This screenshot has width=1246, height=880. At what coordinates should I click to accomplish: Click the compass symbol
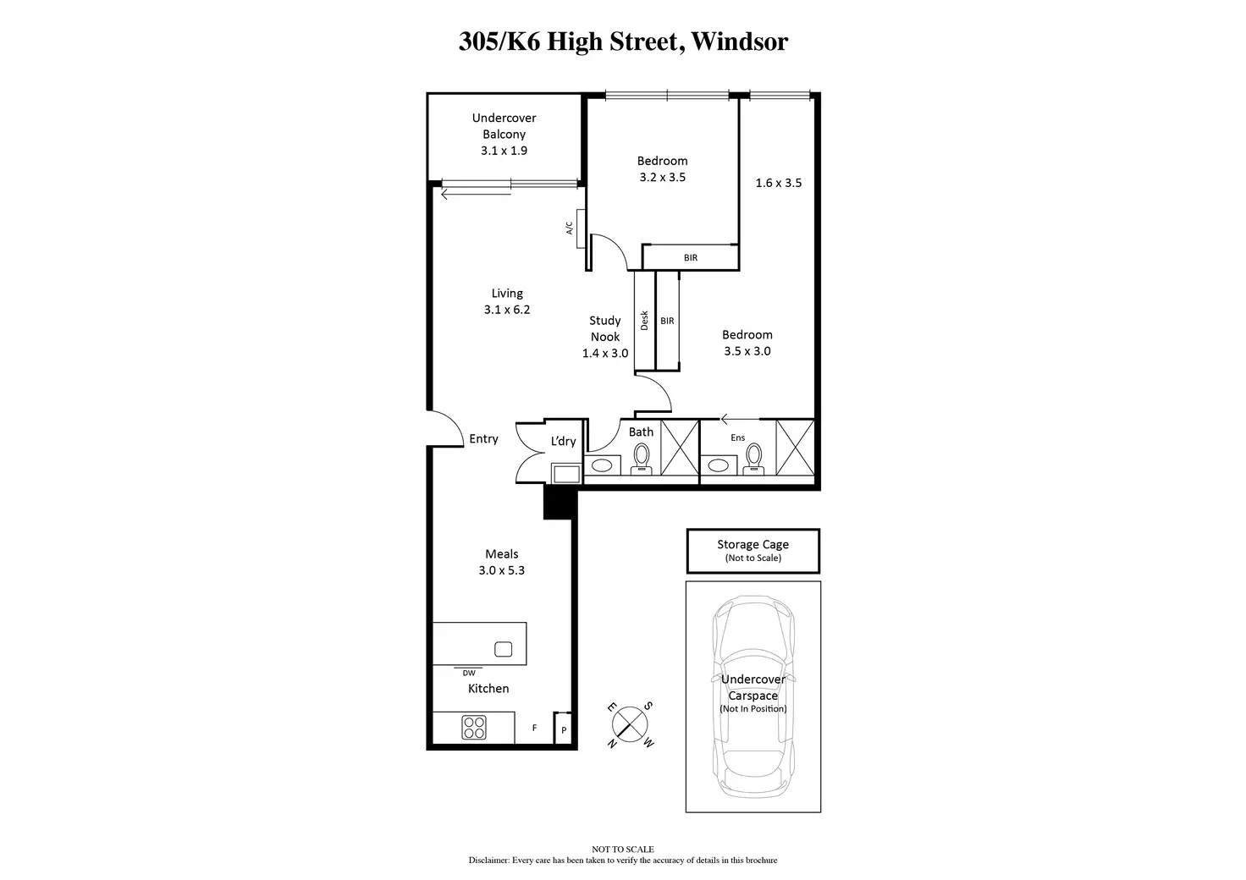point(630,724)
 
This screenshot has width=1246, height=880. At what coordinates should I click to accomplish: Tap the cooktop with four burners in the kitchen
point(474,727)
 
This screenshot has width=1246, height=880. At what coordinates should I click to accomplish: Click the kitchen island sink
point(503,649)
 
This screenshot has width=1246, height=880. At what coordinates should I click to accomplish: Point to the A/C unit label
point(569,228)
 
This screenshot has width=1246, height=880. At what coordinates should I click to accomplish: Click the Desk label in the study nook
point(644,320)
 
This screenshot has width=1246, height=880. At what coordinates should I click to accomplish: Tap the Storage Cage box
point(753,551)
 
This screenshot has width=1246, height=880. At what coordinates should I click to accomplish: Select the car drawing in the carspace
point(753,697)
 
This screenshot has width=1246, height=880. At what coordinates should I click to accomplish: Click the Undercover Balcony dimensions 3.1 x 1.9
point(504,151)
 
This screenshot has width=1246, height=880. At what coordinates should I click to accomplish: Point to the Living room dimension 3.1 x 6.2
point(507,310)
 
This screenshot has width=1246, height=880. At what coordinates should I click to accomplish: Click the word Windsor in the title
point(739,41)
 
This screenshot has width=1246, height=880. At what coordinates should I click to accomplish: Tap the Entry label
point(483,438)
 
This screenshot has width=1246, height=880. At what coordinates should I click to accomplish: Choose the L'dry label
point(563,441)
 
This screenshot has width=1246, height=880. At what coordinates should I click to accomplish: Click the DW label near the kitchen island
point(469,674)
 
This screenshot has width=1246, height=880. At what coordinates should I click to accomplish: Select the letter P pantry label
point(564,730)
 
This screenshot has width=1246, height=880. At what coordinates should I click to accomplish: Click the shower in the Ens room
point(795,448)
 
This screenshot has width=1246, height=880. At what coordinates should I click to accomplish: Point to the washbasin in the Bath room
point(602,465)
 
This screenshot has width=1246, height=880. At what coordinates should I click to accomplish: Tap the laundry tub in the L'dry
point(566,474)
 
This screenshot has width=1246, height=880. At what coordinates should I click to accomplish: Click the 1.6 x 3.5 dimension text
point(778,183)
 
